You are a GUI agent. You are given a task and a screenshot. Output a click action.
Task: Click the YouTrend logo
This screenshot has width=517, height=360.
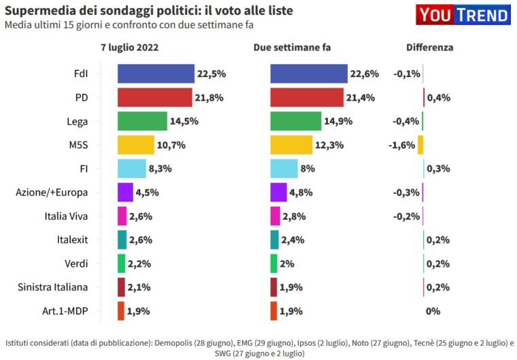[463, 15]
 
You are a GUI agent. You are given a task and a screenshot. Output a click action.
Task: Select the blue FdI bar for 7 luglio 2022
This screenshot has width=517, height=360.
[156, 73]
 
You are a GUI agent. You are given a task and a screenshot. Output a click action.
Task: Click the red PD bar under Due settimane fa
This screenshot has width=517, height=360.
[307, 97]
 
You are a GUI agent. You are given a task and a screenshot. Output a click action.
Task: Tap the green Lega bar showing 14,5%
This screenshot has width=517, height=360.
[142, 121]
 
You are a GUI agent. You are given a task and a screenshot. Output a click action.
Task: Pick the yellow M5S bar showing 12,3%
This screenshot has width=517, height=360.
[291, 145]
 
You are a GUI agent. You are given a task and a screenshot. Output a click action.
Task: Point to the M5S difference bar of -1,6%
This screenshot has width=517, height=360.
[420, 145]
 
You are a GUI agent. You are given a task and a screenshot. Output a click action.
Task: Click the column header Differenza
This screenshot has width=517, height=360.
[429, 48]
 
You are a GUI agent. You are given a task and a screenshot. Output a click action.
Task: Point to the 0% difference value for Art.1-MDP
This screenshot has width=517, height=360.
[433, 311]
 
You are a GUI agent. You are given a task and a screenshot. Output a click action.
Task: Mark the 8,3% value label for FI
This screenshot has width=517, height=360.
[161, 169]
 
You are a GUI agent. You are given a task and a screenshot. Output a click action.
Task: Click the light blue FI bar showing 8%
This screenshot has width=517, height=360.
[284, 169]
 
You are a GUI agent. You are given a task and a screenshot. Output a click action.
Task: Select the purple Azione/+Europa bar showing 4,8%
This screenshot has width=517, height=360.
[278, 193]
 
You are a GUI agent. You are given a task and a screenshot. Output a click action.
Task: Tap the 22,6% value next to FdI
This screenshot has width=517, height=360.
[365, 73]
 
